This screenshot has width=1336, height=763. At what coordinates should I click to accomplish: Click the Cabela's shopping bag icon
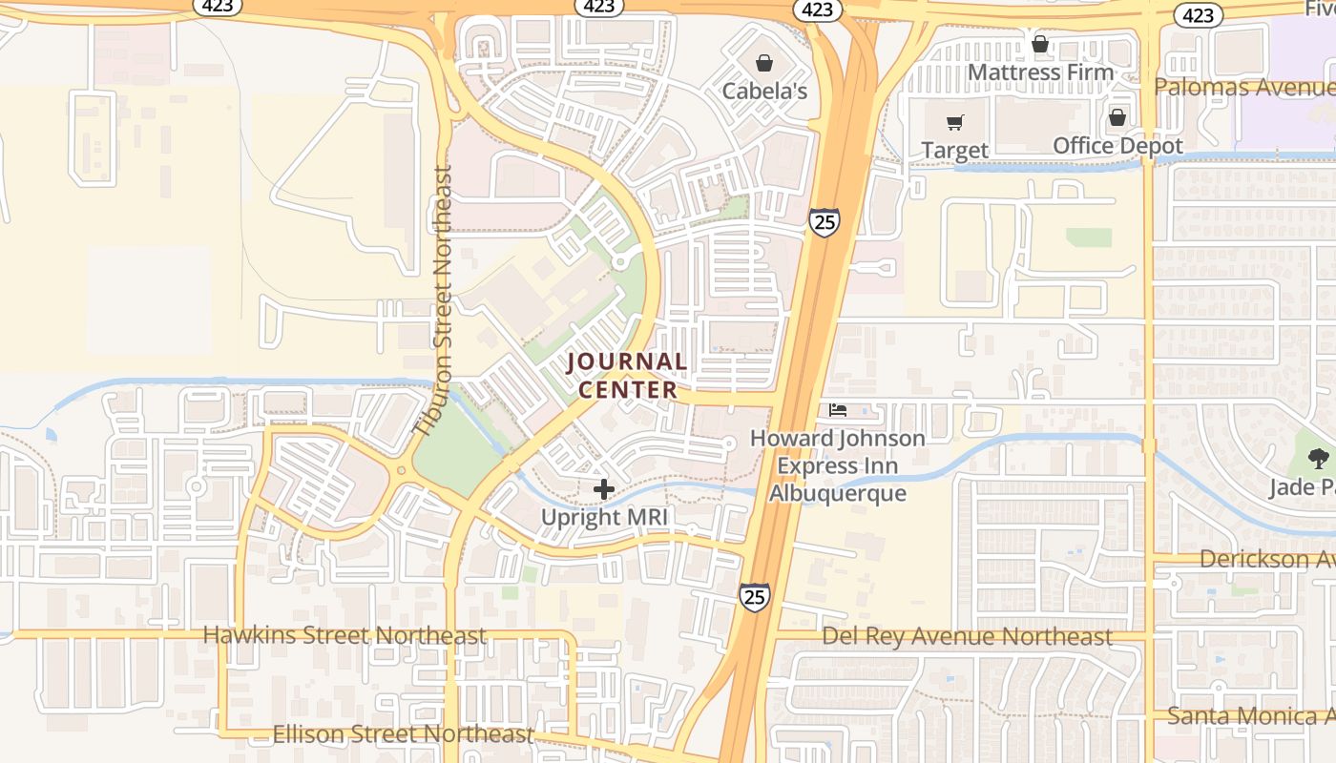click(x=763, y=64)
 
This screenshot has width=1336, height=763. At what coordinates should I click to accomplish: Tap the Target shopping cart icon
click(x=954, y=122)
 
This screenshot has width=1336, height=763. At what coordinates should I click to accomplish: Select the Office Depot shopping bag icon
click(x=1117, y=117)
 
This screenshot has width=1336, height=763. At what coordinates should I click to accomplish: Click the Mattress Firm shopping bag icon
click(x=1040, y=44)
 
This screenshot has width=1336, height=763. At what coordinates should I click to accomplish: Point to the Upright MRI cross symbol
click(x=603, y=489)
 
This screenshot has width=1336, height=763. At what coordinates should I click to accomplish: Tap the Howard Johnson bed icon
click(x=838, y=411)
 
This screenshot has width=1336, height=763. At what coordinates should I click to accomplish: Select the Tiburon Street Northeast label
click(x=441, y=301)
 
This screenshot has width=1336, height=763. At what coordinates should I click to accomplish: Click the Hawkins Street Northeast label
click(x=344, y=635)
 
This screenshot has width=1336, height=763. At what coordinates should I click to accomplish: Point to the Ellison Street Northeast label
click(x=403, y=733)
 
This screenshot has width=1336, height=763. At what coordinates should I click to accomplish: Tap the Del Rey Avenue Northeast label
click(x=967, y=636)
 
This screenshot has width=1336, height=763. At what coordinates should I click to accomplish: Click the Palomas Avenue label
click(x=1243, y=88)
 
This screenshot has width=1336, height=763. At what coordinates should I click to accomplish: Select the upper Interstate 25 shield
click(x=824, y=222)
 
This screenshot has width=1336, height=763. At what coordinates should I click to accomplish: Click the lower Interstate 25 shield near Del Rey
click(x=754, y=597)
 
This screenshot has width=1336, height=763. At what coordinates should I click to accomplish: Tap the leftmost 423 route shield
click(x=216, y=6)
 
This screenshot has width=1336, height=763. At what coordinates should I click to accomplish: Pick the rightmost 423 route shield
click(x=1198, y=14)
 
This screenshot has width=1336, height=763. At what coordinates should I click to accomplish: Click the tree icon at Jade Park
click(x=1318, y=459)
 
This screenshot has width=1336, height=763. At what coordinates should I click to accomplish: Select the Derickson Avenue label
click(x=1266, y=559)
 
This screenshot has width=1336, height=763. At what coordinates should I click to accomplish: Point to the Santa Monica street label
click(x=1250, y=715)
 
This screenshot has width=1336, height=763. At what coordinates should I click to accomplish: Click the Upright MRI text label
click(x=605, y=518)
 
